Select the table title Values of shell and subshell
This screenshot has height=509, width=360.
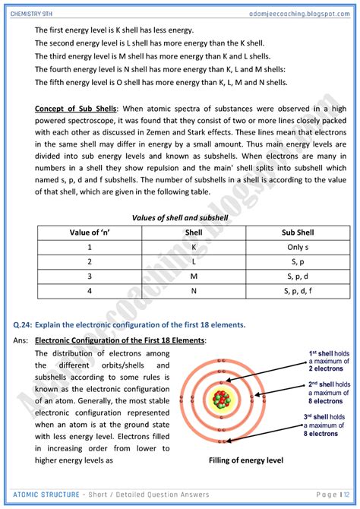pos(178,217)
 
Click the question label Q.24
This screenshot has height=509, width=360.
pos(22,325)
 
